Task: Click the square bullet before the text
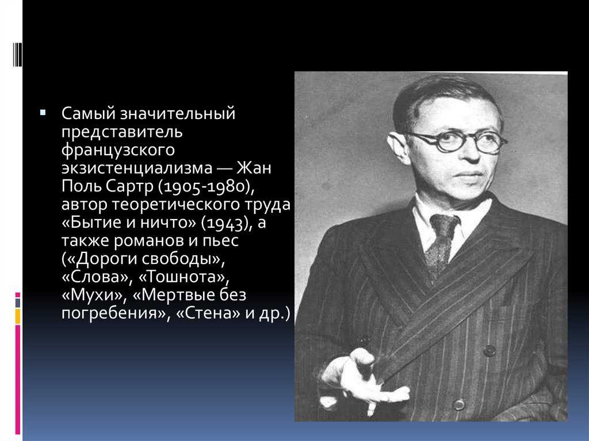coord(43,112)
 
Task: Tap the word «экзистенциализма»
coord(137,167)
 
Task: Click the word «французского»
coord(118,149)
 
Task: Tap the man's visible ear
coord(398,147)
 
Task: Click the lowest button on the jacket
coord(458,405)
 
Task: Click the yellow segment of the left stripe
coord(18,316)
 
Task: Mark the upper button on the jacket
coord(489,351)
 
